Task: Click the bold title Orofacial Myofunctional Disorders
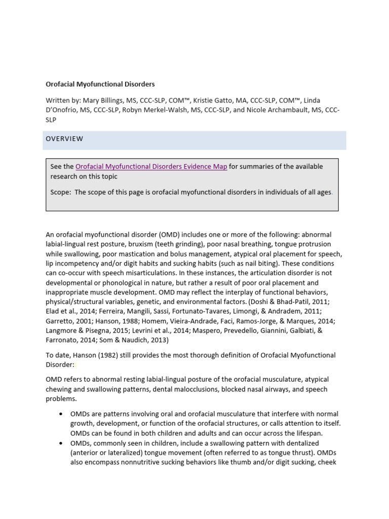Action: (x=100, y=84)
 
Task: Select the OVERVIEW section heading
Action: (x=64, y=139)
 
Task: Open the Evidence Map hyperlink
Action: (x=151, y=167)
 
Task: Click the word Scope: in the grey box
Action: (x=61, y=193)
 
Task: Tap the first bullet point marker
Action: (x=61, y=415)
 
